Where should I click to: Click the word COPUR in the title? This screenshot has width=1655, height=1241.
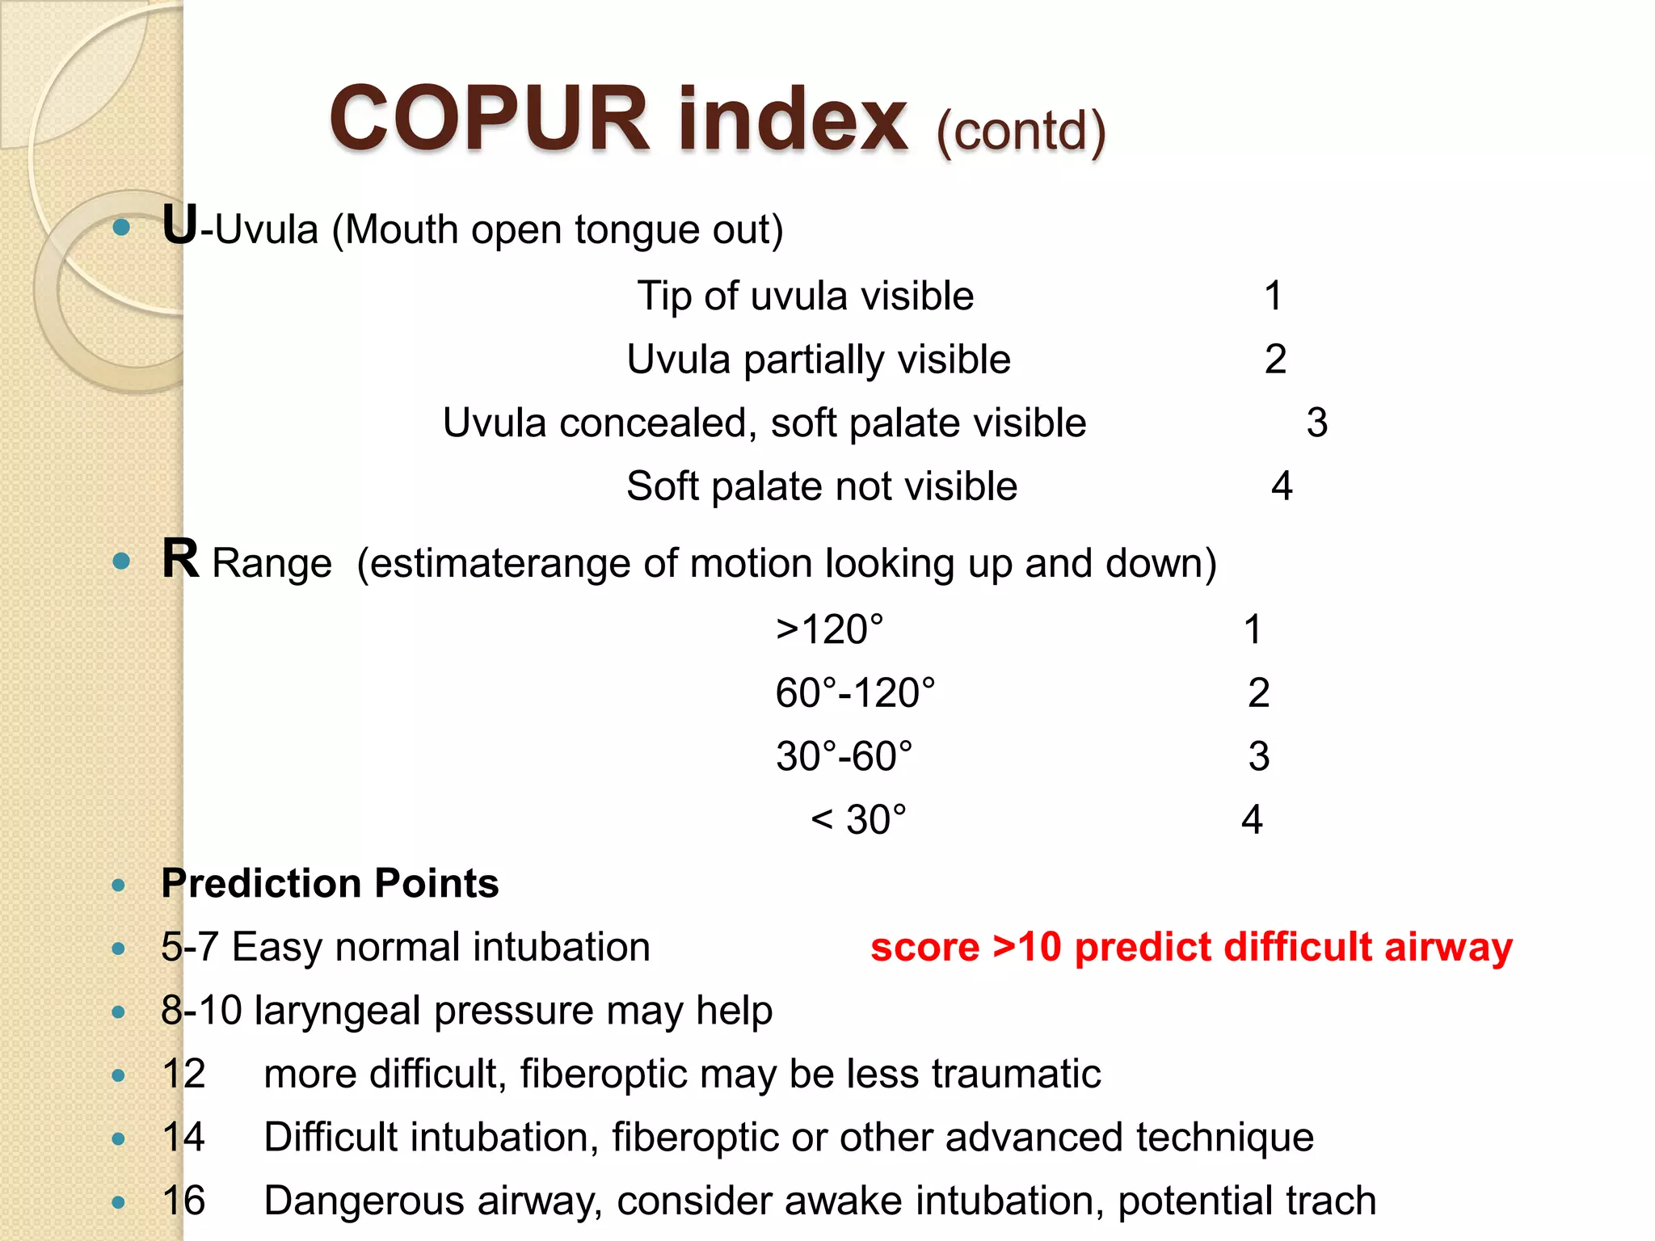pos(488,120)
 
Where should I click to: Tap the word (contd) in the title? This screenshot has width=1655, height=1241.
pos(1021,131)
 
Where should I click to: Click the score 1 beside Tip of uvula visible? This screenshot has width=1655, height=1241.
pos(1273,296)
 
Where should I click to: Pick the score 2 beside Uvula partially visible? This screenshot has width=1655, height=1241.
pos(1275,359)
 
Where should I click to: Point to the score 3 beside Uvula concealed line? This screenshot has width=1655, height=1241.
pos(1316,423)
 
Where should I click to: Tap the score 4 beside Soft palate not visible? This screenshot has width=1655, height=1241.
pos(1282,486)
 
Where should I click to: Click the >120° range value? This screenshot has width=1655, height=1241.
pos(829,629)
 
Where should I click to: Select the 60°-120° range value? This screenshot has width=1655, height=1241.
pos(855,693)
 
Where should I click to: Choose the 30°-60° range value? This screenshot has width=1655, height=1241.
pos(844,757)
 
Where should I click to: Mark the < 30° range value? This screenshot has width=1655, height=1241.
pos(858,820)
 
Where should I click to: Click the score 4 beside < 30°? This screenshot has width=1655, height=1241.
pos(1252,820)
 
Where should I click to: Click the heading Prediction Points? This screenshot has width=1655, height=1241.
pos(330,883)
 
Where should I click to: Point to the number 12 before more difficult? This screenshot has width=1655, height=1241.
pos(183,1074)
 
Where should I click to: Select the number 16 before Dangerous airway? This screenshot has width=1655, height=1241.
pos(183,1201)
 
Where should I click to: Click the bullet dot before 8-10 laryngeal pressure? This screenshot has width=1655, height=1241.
pos(119,1012)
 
